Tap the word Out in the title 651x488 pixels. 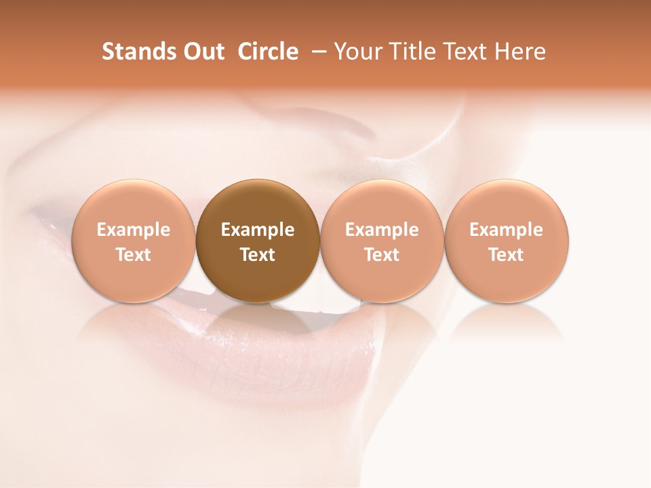pos(203,52)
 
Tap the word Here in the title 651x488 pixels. pos(520,52)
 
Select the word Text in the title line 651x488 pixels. pos(467,52)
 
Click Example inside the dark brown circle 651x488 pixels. pos(258,230)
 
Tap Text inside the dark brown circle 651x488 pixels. pos(258,255)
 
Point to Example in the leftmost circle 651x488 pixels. pos(134,230)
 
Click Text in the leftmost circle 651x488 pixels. pos(134,255)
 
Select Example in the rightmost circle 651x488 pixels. pos(507,230)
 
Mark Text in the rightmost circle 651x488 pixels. pos(507,255)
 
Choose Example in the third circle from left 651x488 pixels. pos(382,230)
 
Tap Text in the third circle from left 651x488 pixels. pos(382,255)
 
